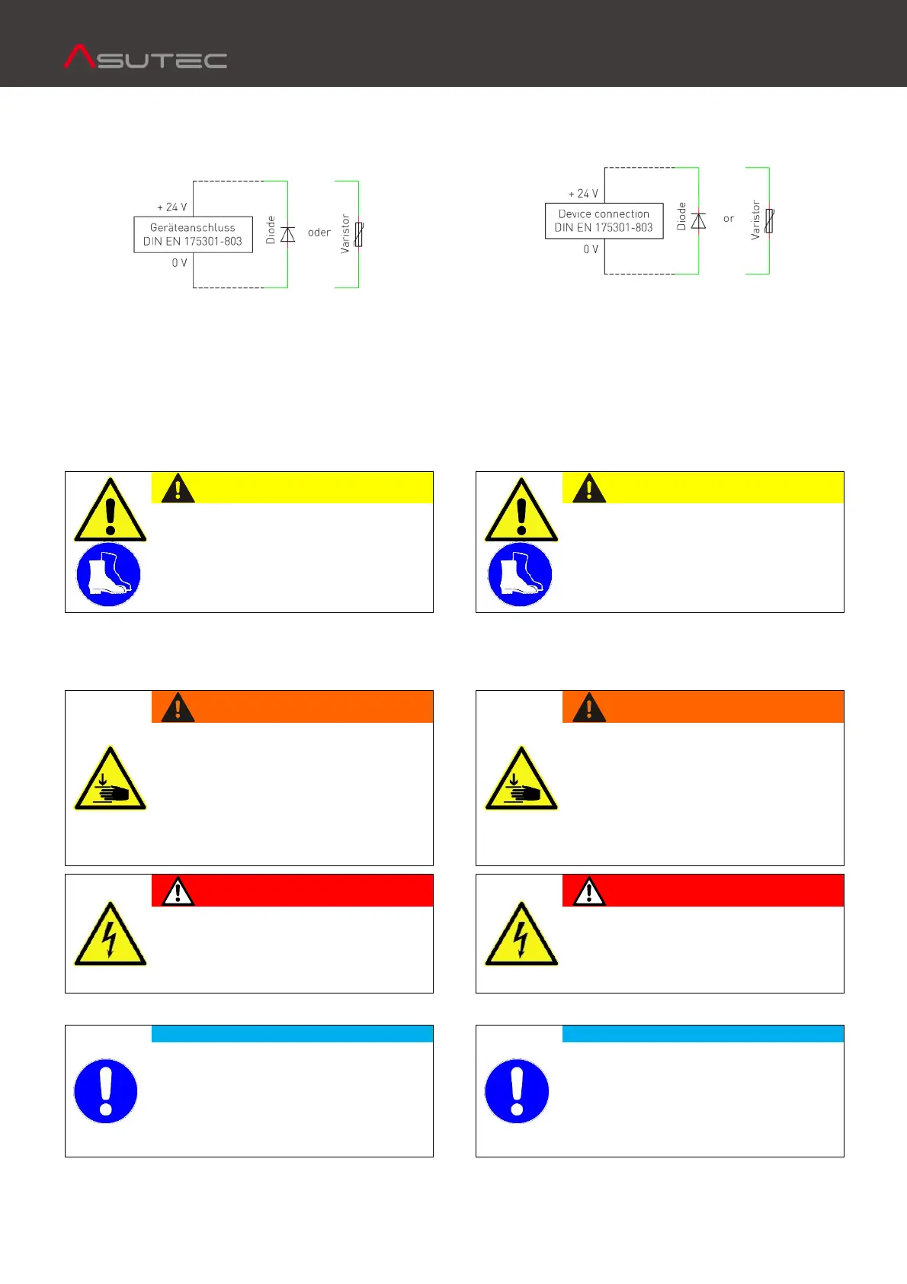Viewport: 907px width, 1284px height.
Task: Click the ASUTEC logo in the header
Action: (146, 57)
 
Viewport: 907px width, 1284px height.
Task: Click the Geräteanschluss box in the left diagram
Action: (193, 234)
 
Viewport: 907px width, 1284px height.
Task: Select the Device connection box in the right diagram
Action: (604, 220)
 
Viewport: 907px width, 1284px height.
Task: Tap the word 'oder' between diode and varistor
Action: (319, 233)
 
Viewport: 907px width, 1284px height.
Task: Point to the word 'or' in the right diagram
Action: (729, 219)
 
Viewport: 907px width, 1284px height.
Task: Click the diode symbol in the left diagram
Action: (287, 234)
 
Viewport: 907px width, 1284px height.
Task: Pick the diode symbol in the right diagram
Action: (698, 221)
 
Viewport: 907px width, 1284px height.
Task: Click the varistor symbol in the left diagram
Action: (358, 234)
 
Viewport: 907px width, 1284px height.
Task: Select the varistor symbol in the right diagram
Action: (769, 221)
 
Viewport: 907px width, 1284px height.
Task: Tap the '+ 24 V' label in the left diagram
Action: (171, 207)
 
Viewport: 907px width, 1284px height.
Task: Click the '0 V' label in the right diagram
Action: (591, 249)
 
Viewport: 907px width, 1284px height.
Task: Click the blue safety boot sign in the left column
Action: (109, 575)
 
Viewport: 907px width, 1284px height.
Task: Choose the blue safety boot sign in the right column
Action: (520, 575)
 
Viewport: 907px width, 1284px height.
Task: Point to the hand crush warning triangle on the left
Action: (111, 779)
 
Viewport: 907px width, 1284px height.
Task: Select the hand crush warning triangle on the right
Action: (521, 779)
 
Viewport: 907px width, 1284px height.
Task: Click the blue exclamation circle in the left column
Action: (106, 1091)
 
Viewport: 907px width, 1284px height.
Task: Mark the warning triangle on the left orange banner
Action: (178, 708)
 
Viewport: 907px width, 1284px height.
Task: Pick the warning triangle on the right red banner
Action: (589, 891)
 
